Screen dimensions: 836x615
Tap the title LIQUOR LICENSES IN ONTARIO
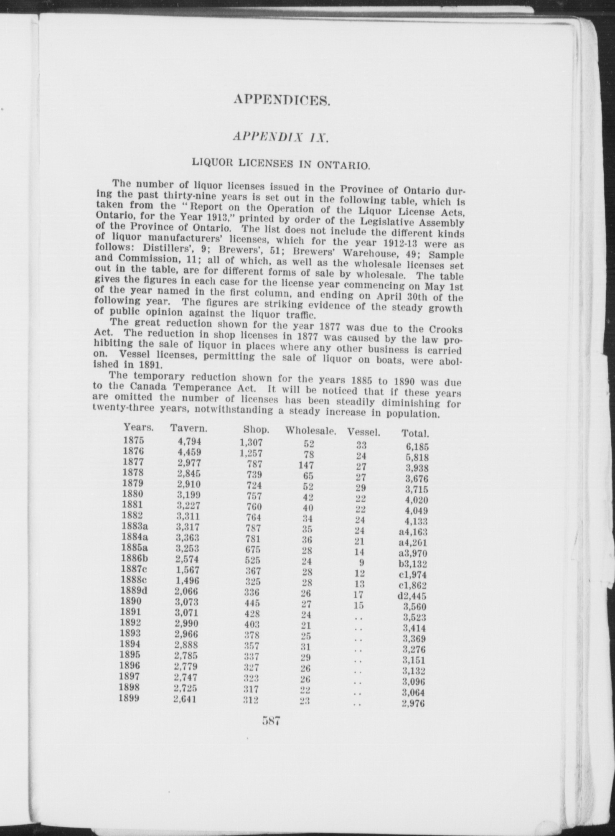coord(280,163)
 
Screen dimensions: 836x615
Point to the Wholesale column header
coord(311,431)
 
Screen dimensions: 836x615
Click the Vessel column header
coord(363,432)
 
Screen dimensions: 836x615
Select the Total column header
coord(415,433)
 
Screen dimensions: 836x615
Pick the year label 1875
coord(134,440)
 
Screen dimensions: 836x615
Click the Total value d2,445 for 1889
coord(412,596)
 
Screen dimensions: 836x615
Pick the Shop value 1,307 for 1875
coord(251,443)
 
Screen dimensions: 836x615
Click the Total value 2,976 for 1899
coord(413,703)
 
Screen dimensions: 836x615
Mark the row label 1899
coord(129,698)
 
